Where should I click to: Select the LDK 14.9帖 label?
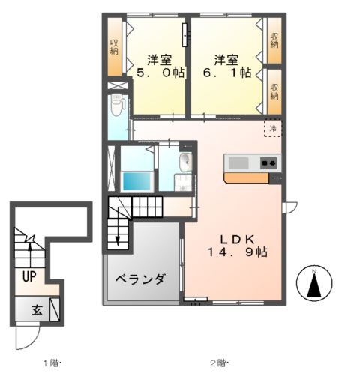pos(238,246)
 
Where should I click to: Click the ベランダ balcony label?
pos(140,279)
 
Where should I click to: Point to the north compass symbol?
pos(315,283)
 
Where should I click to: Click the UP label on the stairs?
pos(29,276)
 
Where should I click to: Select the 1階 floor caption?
pos(52,364)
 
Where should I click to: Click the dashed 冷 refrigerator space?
pos(273,129)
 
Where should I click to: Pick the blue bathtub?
pos(136,181)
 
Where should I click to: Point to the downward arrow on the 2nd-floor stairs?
pos(118,238)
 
